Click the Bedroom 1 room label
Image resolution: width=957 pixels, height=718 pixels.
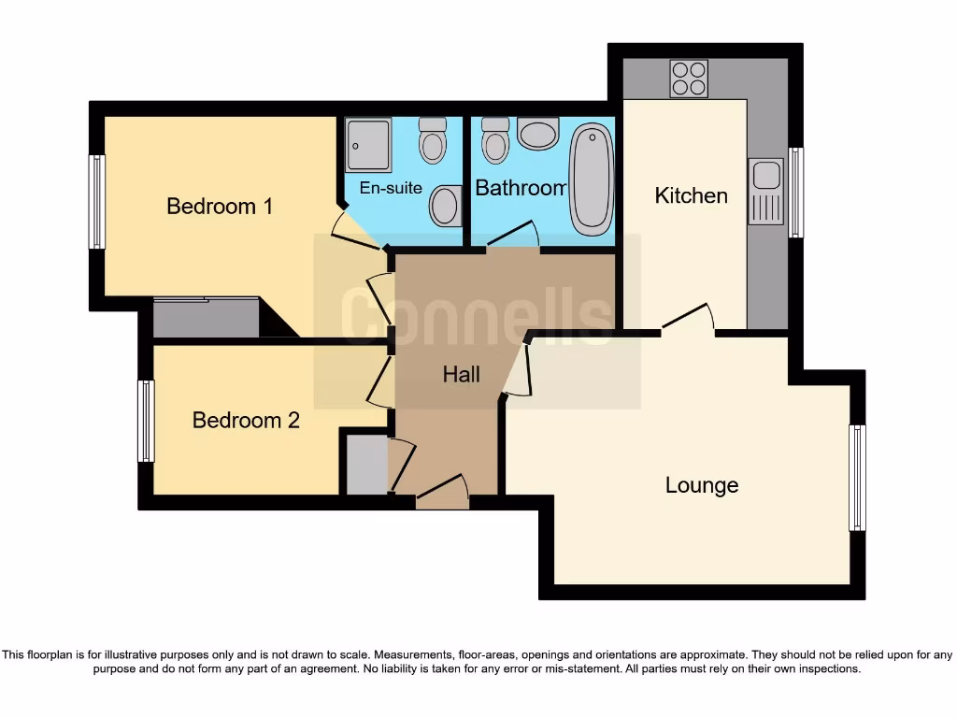(x=220, y=206)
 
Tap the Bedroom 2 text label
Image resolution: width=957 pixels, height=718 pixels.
(x=246, y=420)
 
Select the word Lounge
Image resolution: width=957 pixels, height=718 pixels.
(x=702, y=485)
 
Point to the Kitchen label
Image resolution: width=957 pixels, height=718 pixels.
(x=691, y=195)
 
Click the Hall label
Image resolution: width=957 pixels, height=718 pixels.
(x=461, y=374)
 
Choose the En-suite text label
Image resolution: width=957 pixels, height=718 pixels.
(x=391, y=187)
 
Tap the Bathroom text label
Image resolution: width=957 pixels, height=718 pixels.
(x=521, y=187)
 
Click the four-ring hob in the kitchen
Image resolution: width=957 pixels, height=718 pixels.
(x=689, y=79)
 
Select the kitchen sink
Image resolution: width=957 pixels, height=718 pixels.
(x=765, y=191)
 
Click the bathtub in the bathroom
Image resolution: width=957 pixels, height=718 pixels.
(x=591, y=179)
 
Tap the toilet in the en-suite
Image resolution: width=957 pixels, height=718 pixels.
(x=432, y=140)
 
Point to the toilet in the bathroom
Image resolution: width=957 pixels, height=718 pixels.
(x=495, y=140)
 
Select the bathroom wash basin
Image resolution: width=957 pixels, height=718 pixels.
(x=537, y=134)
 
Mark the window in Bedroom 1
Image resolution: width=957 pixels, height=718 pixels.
(x=96, y=202)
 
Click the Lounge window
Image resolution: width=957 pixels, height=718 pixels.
(x=857, y=478)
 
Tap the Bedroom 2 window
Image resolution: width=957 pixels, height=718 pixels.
(x=146, y=421)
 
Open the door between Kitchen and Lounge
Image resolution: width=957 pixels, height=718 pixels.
(x=688, y=322)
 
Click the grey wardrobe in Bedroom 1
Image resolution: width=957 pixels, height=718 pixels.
(x=206, y=318)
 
